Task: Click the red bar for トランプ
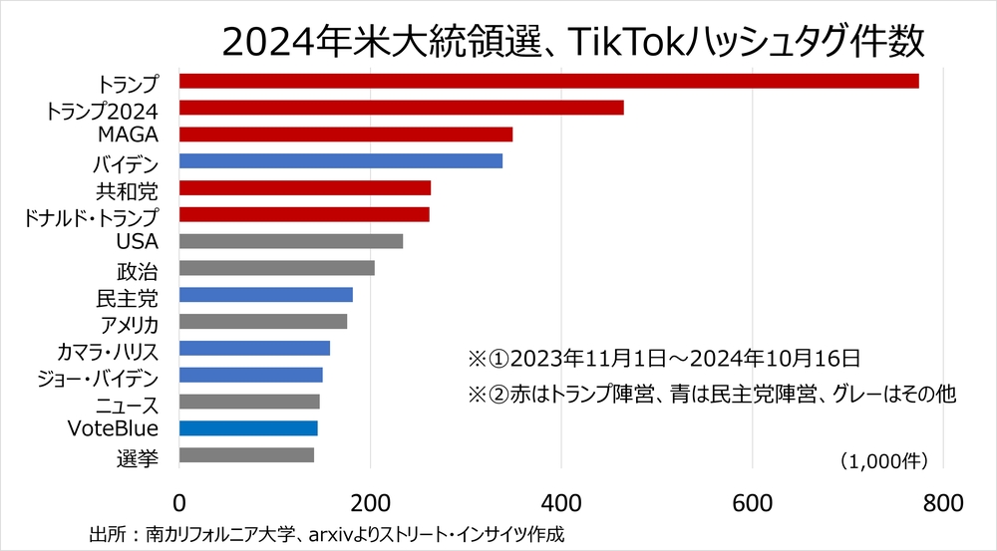[x=548, y=81]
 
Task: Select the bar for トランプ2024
[x=401, y=108]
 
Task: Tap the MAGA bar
[x=345, y=135]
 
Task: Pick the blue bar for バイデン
[x=340, y=160]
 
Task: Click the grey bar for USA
[x=290, y=241]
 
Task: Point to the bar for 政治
[x=276, y=268]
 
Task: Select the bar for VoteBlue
[x=248, y=428]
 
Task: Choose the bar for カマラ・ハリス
[x=254, y=348]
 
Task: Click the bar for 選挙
[x=246, y=455]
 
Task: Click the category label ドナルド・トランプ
[x=91, y=215]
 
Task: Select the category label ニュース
[x=127, y=404]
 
